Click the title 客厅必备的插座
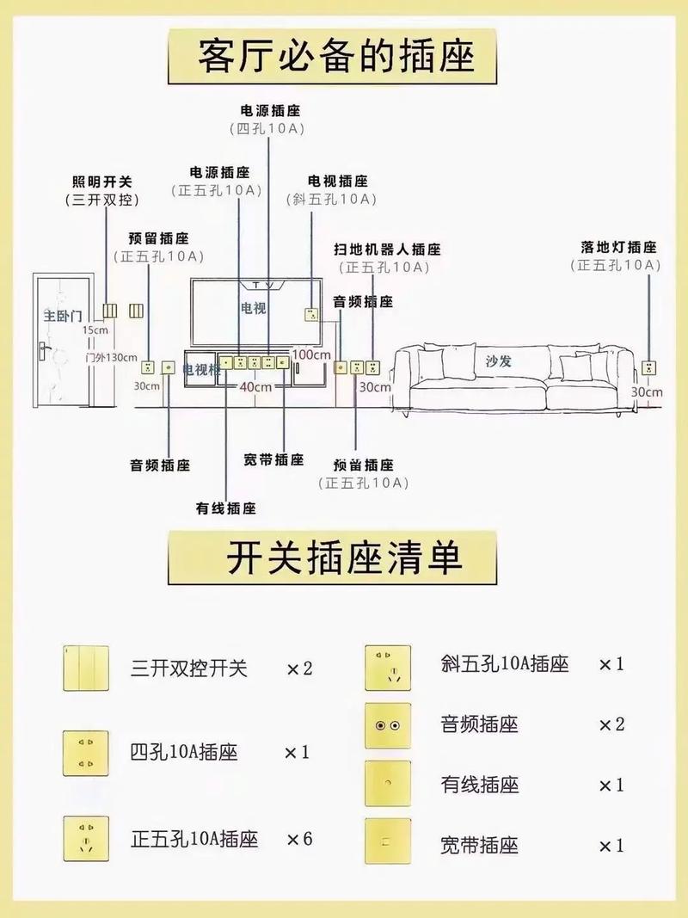(x=335, y=56)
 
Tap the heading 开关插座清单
(x=344, y=557)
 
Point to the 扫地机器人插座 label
(x=387, y=250)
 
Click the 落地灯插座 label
(x=617, y=248)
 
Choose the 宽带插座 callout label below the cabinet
(x=273, y=459)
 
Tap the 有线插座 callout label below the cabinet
(x=225, y=508)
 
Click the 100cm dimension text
(x=311, y=354)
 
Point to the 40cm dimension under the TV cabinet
(x=256, y=386)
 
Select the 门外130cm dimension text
(x=111, y=357)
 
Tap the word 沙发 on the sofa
(x=499, y=361)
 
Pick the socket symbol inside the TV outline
(x=310, y=314)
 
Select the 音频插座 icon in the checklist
(x=387, y=724)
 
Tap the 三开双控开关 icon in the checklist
(x=86, y=668)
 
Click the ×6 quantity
(x=299, y=839)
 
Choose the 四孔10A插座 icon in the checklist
(x=86, y=753)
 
